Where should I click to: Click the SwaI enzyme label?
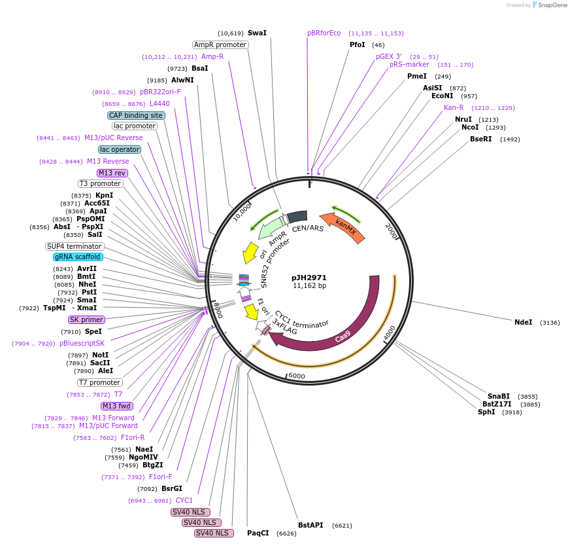click(x=257, y=33)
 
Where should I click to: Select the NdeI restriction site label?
click(x=524, y=323)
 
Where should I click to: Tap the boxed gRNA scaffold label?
click(x=77, y=257)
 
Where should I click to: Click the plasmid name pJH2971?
click(x=309, y=278)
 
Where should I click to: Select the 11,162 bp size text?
click(x=309, y=286)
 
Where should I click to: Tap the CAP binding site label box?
click(x=136, y=115)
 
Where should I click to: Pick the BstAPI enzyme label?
click(x=310, y=525)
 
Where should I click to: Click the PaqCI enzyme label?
click(x=258, y=533)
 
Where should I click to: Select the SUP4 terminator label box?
click(x=74, y=246)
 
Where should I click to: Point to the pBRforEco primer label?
click(x=324, y=33)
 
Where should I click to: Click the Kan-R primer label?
click(x=454, y=107)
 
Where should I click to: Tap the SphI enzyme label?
click(x=486, y=412)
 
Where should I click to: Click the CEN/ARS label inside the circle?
click(x=308, y=228)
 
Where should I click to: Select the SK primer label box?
click(x=86, y=319)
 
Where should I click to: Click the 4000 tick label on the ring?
click(x=390, y=333)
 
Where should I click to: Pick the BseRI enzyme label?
click(x=480, y=139)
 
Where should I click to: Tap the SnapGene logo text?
click(x=553, y=5)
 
